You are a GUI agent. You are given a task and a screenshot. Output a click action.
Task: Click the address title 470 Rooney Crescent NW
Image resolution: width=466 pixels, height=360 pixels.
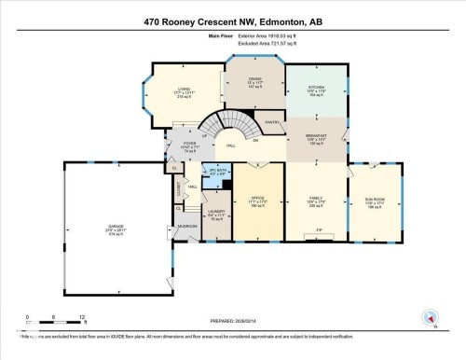pyautogui.click(x=233, y=21)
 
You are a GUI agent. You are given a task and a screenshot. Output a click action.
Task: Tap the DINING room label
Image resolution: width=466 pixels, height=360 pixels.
pyautogui.click(x=254, y=81)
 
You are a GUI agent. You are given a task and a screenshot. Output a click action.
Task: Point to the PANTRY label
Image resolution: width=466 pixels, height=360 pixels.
pyautogui.click(x=273, y=122)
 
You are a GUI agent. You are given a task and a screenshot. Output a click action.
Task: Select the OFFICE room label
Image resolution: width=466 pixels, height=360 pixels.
pyautogui.click(x=258, y=198)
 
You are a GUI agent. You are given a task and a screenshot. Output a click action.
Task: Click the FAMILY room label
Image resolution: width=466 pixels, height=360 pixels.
pyautogui.click(x=315, y=198)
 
